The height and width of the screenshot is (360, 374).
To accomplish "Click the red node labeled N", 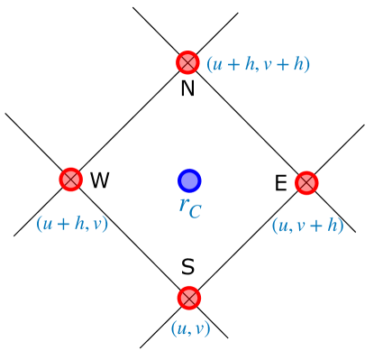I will (x=187, y=62).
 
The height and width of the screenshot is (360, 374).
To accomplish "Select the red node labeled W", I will (x=70, y=180).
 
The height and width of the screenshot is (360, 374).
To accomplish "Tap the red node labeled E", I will (x=306, y=182).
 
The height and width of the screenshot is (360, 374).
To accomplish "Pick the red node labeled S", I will (x=188, y=298).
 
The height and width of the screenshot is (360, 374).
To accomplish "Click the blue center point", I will (x=188, y=180).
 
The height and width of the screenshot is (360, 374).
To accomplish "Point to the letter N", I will (x=187, y=88).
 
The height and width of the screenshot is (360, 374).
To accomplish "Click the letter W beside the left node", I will (x=99, y=180).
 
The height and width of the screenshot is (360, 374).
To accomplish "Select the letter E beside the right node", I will (x=280, y=184).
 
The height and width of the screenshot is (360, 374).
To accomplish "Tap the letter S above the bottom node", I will (x=187, y=267).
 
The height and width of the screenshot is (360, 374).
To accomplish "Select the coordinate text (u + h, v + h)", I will (x=258, y=64).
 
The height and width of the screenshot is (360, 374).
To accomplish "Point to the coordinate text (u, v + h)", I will (x=307, y=226).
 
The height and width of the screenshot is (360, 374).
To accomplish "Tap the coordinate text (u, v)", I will (x=190, y=328).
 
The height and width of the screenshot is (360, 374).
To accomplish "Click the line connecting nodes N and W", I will (x=129, y=121).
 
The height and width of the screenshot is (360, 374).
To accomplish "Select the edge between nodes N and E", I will (x=246, y=122).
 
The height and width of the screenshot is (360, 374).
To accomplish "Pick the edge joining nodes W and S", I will (x=129, y=238).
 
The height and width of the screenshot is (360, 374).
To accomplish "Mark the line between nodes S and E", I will (x=247, y=240).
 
